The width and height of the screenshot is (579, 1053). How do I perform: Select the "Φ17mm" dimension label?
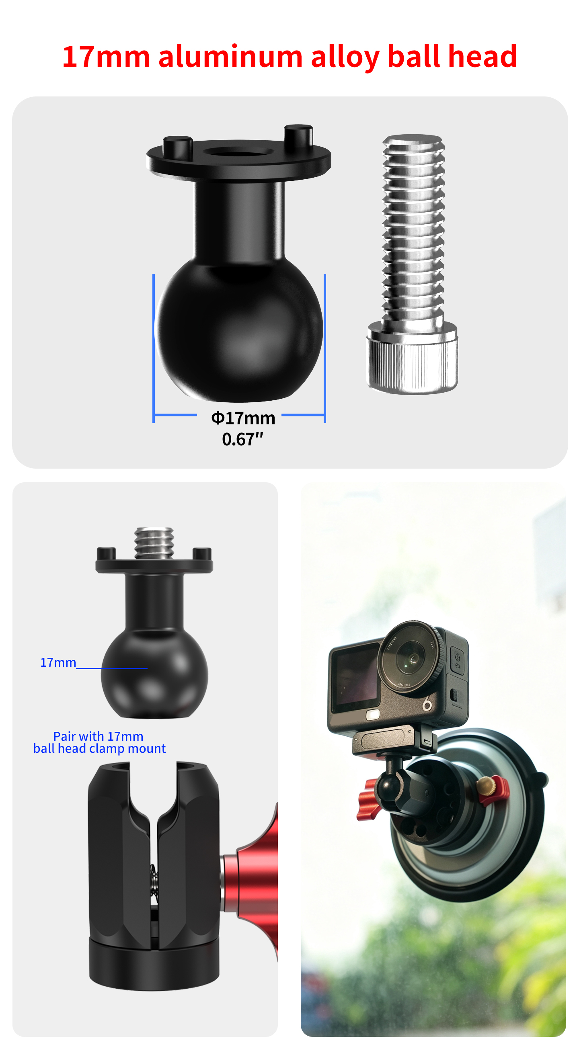point(243,418)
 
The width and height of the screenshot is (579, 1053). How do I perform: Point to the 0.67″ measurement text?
point(242,439)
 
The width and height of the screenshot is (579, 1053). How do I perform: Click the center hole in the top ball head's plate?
point(238,152)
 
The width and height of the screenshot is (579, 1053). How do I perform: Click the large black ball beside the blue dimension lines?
point(239,329)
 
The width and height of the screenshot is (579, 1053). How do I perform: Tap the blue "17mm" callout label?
point(58,663)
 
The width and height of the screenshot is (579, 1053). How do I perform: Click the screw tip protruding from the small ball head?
point(154,543)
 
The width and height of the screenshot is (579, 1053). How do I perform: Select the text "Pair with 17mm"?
point(98,736)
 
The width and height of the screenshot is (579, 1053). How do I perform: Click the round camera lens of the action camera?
point(410,660)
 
